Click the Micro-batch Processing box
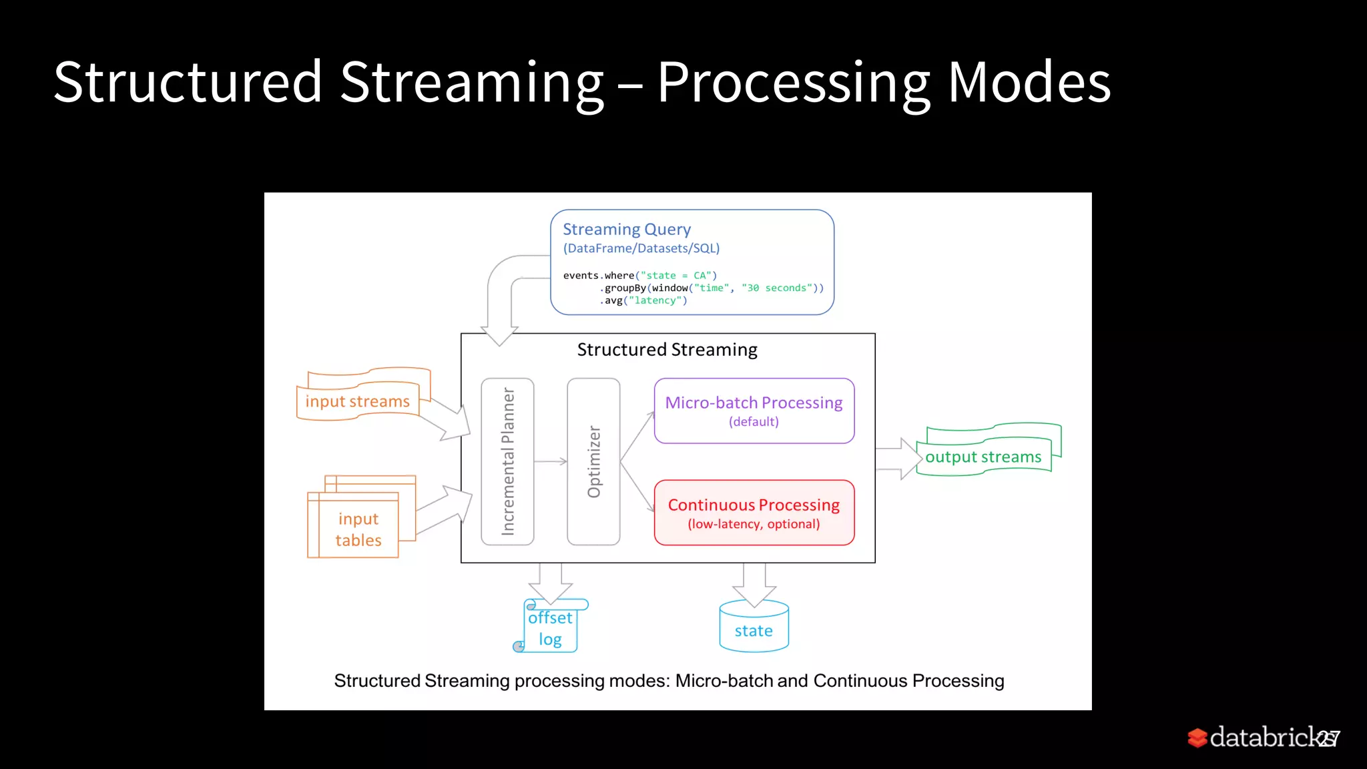(754, 411)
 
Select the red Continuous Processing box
(754, 513)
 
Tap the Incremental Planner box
(507, 461)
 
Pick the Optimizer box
(593, 461)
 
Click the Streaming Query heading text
(626, 229)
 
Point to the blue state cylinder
(754, 627)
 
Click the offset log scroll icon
(551, 627)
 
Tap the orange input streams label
(357, 401)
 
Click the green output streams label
(983, 457)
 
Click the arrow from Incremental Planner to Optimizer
(551, 461)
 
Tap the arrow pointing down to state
(754, 584)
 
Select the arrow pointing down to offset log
(551, 583)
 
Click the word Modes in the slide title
(1029, 82)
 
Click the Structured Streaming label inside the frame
(667, 350)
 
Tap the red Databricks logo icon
(1197, 738)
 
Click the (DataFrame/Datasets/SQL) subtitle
(641, 248)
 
